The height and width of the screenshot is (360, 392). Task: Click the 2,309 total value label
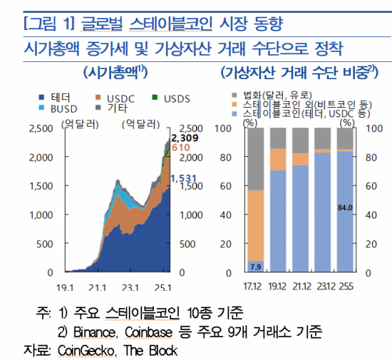(184, 137)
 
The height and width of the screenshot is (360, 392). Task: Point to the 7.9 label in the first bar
(255, 267)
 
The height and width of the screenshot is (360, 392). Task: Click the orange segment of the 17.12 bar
(255, 225)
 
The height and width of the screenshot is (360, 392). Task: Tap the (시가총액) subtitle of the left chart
(115, 73)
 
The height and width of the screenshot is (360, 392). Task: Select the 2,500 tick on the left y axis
(39, 128)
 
